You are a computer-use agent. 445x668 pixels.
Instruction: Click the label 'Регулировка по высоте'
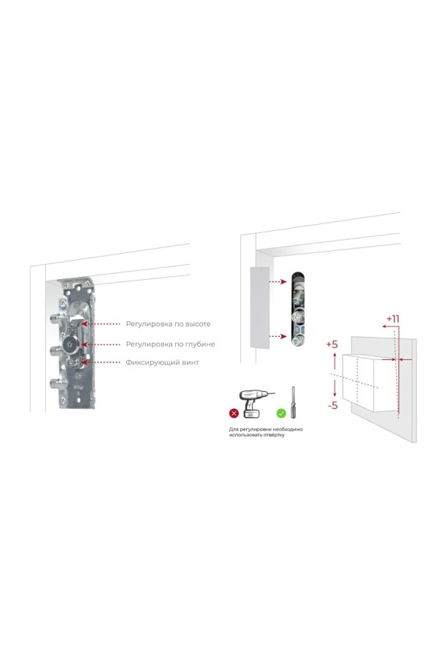coord(168,324)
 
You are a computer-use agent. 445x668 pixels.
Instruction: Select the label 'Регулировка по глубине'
coord(170,344)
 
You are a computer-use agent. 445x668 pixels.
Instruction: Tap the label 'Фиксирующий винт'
coord(162,362)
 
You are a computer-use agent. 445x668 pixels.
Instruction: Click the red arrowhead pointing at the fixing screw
coord(84,362)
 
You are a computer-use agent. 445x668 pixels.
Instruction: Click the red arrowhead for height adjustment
coord(85,324)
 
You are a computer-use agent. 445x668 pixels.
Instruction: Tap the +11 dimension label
coord(392,318)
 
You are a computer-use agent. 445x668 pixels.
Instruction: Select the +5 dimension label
coord(332,344)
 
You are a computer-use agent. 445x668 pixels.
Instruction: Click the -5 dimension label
coord(332,405)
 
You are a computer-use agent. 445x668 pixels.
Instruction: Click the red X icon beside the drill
coord(234,413)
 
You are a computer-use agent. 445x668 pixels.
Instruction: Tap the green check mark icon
coord(281,413)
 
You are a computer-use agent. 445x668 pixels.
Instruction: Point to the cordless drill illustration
coord(254,404)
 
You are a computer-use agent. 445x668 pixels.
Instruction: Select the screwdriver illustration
coord(293,402)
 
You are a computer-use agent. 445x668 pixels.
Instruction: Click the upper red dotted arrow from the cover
coord(278,281)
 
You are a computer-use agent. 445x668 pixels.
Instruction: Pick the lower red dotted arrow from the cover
coord(278,336)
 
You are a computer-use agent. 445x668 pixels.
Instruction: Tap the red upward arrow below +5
coord(334,361)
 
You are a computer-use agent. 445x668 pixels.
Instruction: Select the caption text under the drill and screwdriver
coord(266,432)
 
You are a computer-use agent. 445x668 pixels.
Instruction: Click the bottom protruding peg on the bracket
coord(56,382)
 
